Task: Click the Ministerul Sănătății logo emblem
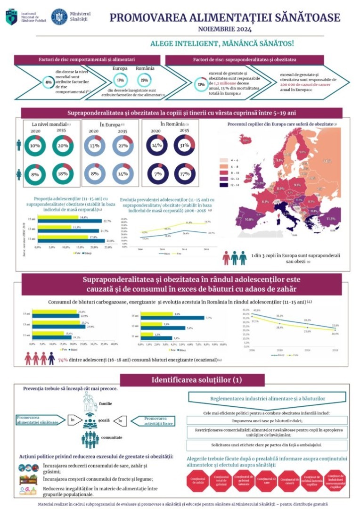(x=59, y=16)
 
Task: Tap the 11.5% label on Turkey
(x=331, y=219)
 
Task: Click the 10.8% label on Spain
(x=249, y=220)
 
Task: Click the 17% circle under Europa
(x=121, y=80)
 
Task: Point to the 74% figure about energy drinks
(x=63, y=360)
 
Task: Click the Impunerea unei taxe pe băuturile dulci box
(x=268, y=420)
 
